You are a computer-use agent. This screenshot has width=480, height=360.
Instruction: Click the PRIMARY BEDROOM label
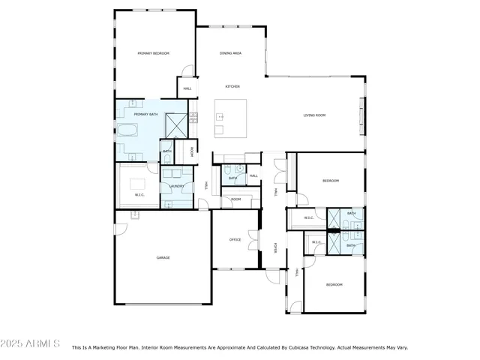[153, 54]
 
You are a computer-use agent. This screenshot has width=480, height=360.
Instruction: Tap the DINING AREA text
[230, 54]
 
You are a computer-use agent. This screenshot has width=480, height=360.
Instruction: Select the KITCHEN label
[232, 87]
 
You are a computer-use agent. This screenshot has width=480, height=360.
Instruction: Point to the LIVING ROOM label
[314, 115]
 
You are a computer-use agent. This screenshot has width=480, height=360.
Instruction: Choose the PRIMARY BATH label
[146, 114]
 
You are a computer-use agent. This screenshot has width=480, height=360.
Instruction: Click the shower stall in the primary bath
[175, 124]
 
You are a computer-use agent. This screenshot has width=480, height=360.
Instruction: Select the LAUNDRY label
[177, 185]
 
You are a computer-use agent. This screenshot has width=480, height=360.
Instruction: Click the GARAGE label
[163, 257]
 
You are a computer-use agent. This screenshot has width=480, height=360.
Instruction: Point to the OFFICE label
[235, 239]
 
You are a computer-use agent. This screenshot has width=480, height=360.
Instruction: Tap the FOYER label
[275, 247]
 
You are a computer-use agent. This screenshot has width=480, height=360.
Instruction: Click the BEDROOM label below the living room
[331, 181]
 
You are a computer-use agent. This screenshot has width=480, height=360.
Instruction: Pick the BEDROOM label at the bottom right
[334, 284]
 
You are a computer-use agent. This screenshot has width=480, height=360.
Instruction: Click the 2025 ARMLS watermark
[31, 343]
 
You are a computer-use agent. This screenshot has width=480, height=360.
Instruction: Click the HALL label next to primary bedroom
[188, 88]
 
